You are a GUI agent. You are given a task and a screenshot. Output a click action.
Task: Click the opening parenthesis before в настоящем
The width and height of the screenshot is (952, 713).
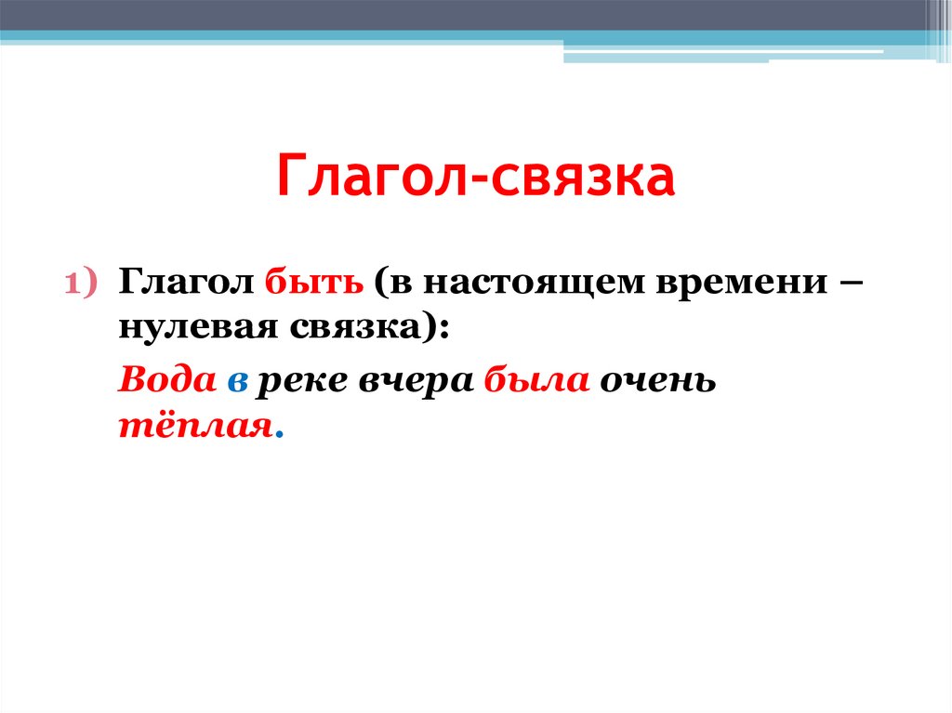click(x=382, y=283)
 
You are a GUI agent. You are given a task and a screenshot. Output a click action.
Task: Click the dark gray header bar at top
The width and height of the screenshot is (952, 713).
click(x=465, y=14)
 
